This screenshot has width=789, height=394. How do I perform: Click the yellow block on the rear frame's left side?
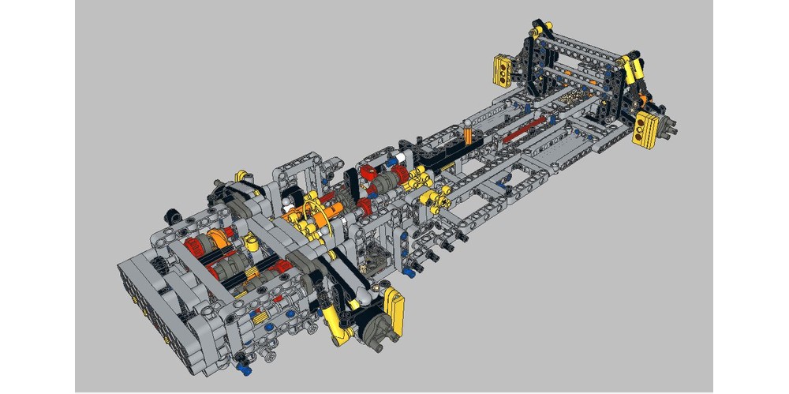(502, 70)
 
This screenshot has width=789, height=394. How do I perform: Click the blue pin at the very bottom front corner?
(242, 366)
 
